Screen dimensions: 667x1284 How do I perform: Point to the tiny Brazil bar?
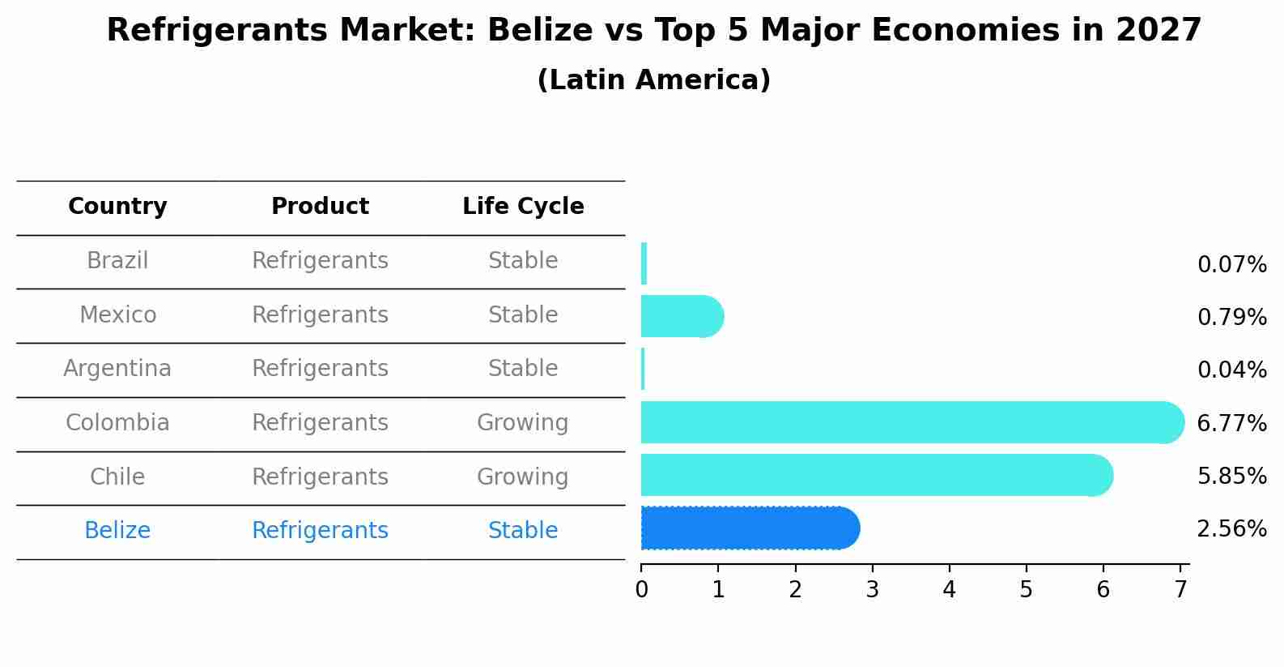click(x=644, y=263)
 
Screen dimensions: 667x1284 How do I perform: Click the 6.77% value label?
click(x=1231, y=423)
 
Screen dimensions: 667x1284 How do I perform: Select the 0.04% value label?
click(x=1231, y=370)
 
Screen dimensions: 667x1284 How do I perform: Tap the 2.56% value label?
click(x=1231, y=529)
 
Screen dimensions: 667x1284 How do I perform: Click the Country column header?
click(x=117, y=207)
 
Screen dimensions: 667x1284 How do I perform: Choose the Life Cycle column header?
click(x=523, y=207)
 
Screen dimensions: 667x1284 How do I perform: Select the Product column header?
click(x=320, y=207)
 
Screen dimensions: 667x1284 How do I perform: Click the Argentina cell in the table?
click(x=117, y=369)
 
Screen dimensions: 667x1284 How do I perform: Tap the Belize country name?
click(x=117, y=531)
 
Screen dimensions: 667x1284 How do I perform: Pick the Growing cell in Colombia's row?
click(x=522, y=423)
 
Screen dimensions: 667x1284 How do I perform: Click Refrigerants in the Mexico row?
click(x=320, y=315)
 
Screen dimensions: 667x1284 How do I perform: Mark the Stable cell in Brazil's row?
click(x=522, y=261)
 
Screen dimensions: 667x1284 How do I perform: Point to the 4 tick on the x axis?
click(x=949, y=589)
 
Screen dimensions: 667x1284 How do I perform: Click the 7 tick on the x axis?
click(x=1180, y=589)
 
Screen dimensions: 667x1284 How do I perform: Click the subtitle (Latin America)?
click(x=653, y=80)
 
